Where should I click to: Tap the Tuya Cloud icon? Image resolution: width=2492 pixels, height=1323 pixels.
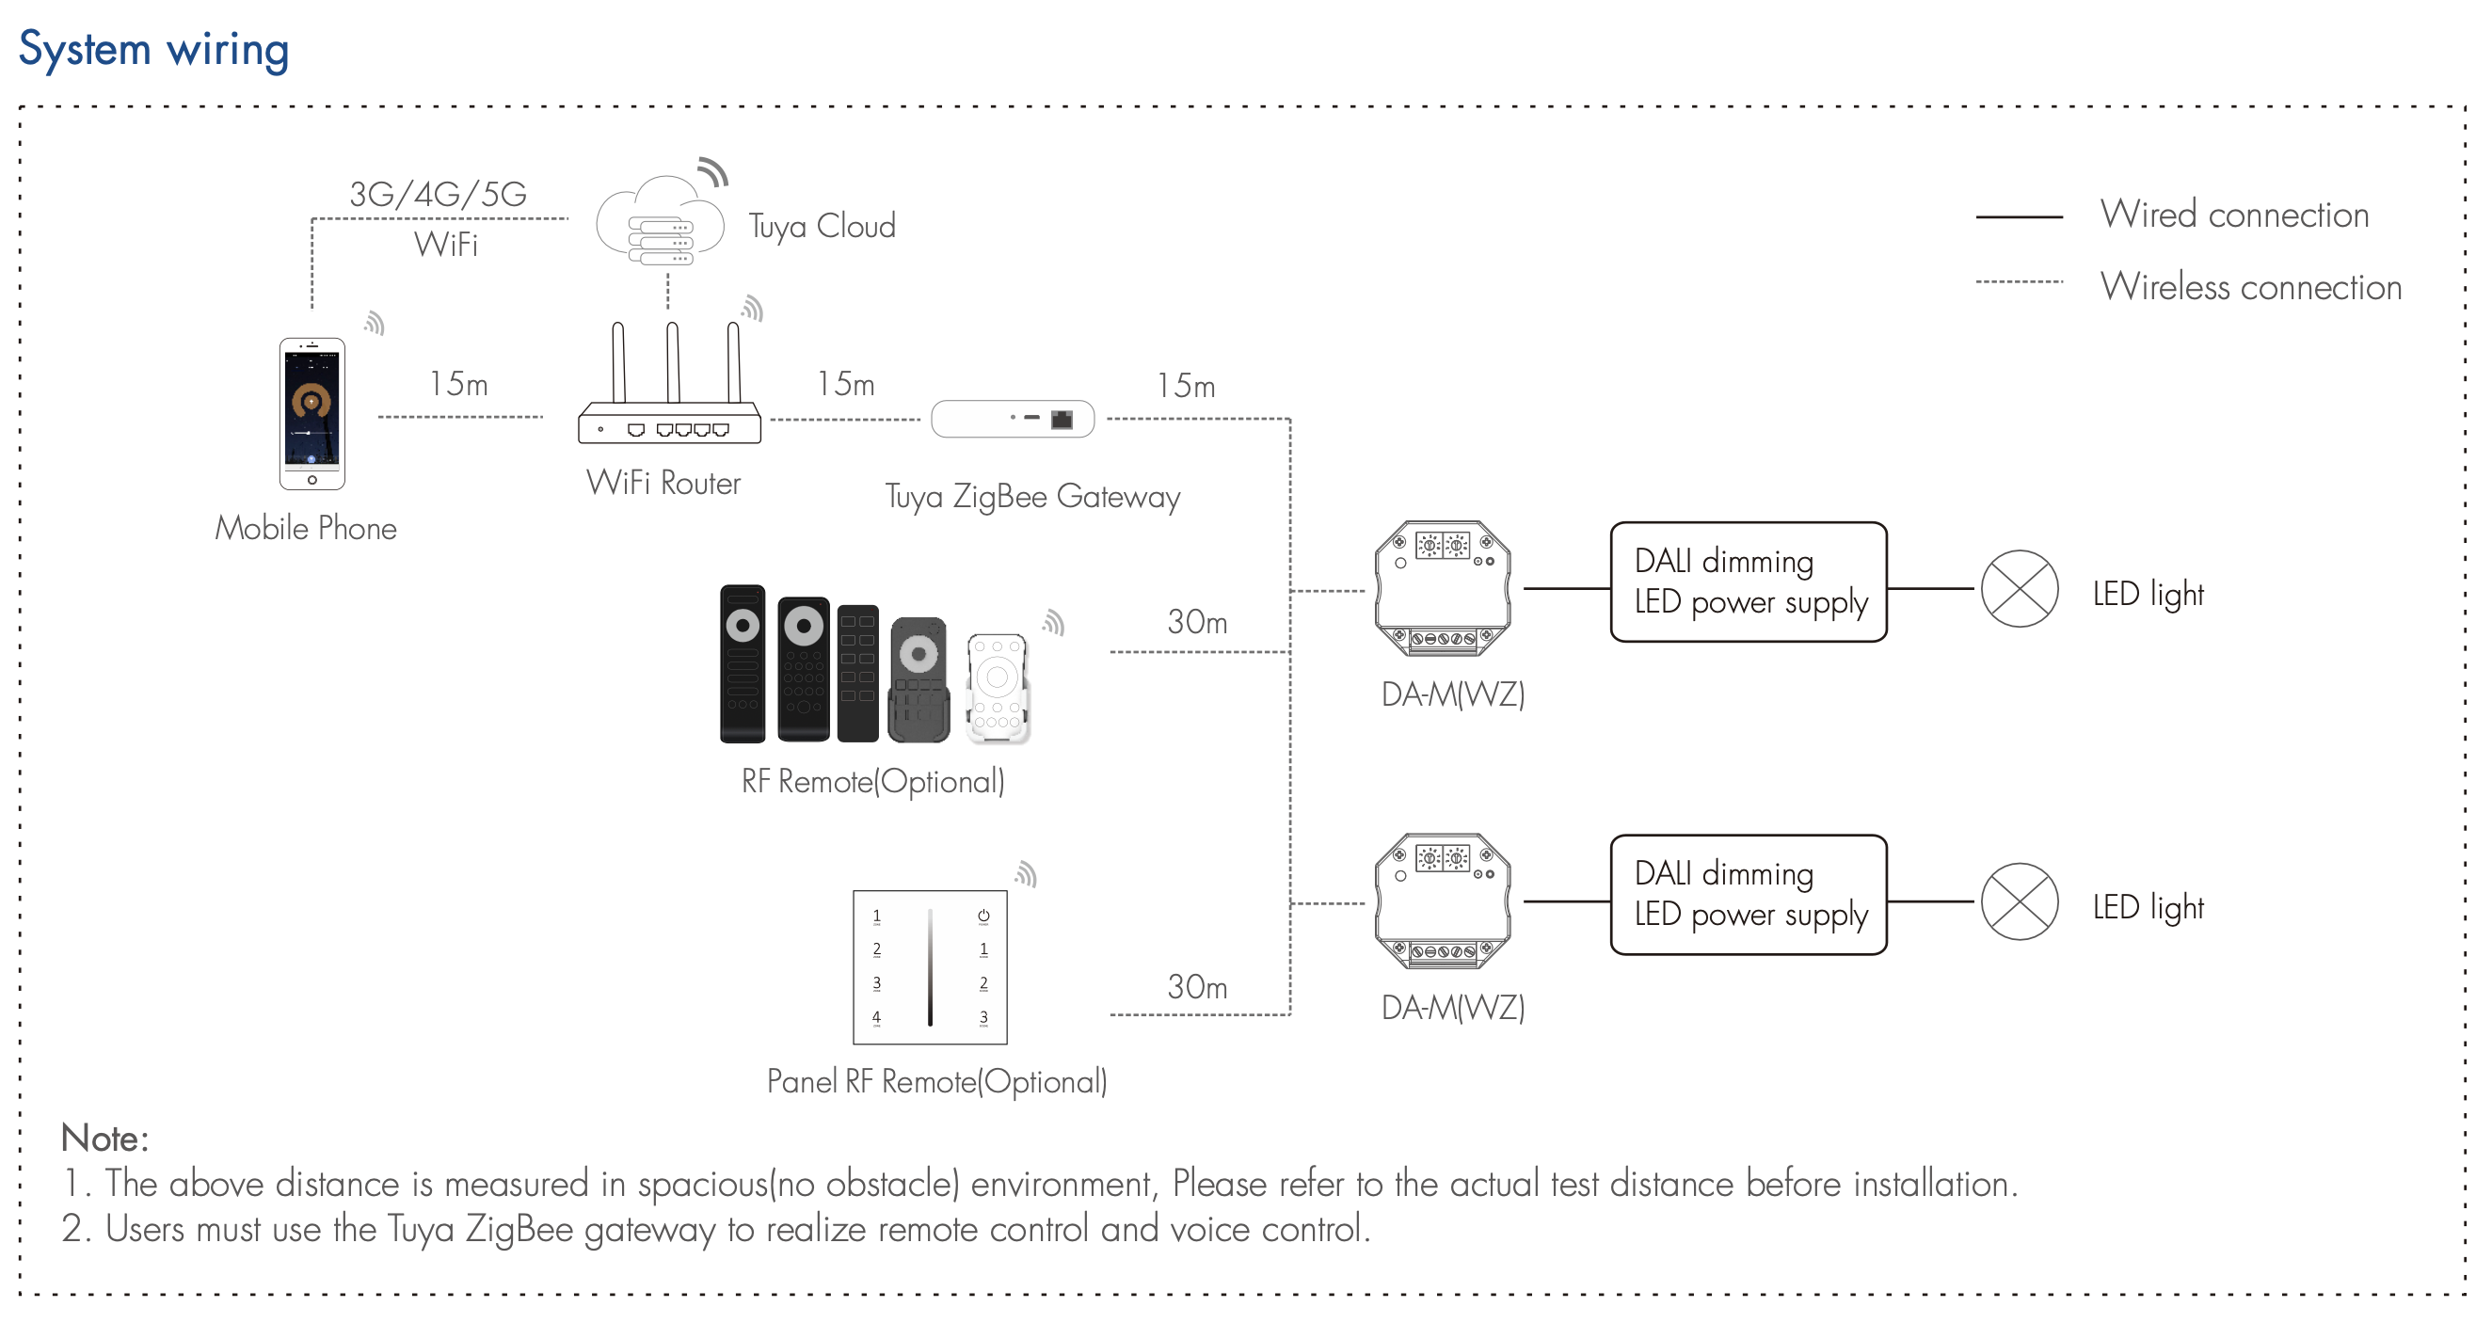pos(661,222)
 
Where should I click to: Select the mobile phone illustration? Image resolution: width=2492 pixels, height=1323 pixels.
pos(311,413)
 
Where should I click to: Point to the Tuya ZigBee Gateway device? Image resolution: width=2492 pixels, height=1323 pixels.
pos(1012,419)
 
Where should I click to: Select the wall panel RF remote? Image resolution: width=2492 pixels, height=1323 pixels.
pos(930,967)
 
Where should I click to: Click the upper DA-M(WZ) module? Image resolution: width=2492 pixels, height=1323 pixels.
pos(1443,588)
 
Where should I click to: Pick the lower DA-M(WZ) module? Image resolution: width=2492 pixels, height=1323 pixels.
pos(1443,901)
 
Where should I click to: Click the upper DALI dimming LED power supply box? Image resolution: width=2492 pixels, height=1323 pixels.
pos(1749,582)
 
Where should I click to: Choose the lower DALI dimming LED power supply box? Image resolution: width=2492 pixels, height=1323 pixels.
pos(1749,895)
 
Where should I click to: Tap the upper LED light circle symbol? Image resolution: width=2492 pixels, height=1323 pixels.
pos(2019,589)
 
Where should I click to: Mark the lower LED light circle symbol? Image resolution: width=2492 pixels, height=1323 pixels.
pos(2019,901)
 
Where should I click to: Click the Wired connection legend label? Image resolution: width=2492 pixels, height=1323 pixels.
pos(2234,215)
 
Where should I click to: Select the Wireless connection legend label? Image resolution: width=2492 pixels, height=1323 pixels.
pos(2250,287)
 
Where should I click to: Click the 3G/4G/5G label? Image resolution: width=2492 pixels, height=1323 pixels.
pos(438,195)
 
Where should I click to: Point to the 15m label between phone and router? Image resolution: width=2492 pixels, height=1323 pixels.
pos(458,384)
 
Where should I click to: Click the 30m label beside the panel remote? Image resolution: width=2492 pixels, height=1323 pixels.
pos(1197,986)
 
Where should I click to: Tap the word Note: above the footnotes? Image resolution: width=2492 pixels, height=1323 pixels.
pos(104,1139)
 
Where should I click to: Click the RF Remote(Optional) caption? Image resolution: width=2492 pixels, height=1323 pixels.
pos(872,781)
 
